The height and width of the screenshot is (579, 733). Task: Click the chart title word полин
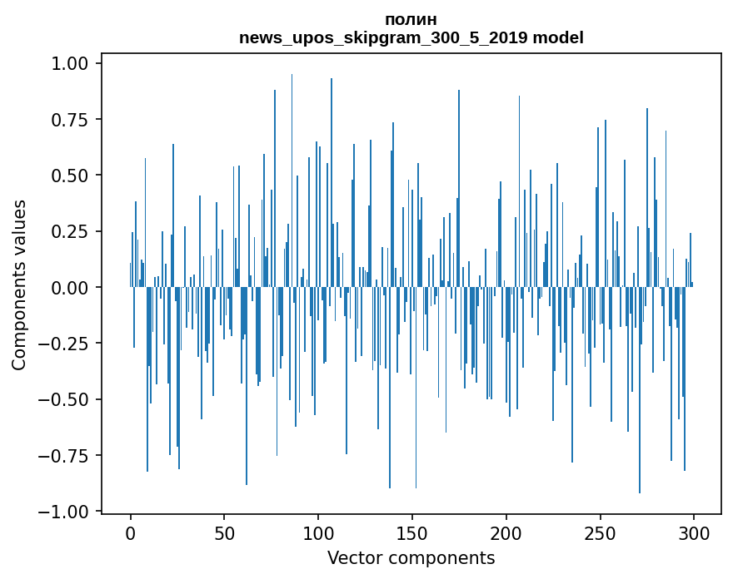pyautogui.click(x=411, y=19)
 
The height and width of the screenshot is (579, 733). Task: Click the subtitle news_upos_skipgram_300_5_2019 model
pyautogui.click(x=411, y=37)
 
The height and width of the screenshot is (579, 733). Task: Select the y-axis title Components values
pyautogui.click(x=19, y=285)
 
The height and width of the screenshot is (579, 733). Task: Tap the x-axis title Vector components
pyautogui.click(x=411, y=558)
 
